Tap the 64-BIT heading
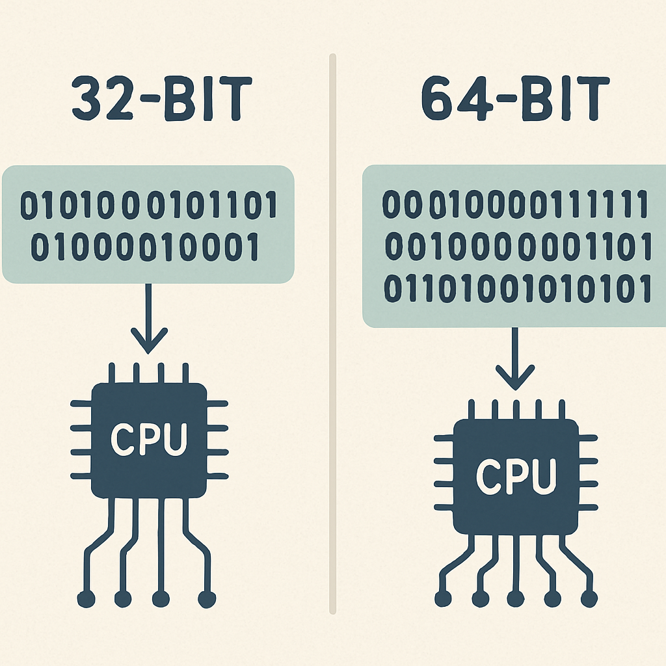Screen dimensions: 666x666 click(515, 101)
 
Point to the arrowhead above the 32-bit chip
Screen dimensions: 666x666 click(148, 341)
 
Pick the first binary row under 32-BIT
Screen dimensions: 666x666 click(149, 206)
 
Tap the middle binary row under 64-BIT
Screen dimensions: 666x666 click(518, 246)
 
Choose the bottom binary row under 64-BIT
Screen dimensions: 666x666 click(518, 288)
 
